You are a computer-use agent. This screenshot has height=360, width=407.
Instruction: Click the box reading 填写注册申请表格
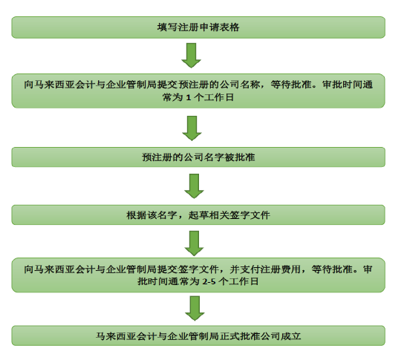[198, 27]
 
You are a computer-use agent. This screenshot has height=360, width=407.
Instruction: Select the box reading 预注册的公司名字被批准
[198, 157]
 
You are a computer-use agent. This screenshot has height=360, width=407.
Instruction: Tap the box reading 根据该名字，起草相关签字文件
[198, 215]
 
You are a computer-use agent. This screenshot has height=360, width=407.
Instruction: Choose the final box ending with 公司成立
[198, 336]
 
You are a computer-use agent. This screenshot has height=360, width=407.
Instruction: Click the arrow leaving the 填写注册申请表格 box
[192, 56]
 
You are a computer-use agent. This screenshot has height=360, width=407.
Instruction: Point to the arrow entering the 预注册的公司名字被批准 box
[192, 128]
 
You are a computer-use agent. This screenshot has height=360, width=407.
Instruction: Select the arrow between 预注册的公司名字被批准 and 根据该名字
[194, 186]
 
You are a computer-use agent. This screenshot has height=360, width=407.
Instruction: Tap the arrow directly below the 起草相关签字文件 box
[194, 243]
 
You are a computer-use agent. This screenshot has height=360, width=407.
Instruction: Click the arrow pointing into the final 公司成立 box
[195, 308]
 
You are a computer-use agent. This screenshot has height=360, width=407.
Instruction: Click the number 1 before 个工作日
[189, 97]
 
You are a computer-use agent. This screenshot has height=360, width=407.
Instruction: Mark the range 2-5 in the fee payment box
[209, 281]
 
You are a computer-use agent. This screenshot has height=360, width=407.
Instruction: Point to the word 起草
[198, 215]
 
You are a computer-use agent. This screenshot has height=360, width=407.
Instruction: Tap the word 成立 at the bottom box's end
[291, 336]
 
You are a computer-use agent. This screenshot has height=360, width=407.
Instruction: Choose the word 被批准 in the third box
[240, 157]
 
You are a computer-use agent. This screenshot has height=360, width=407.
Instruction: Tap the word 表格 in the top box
[229, 27]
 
